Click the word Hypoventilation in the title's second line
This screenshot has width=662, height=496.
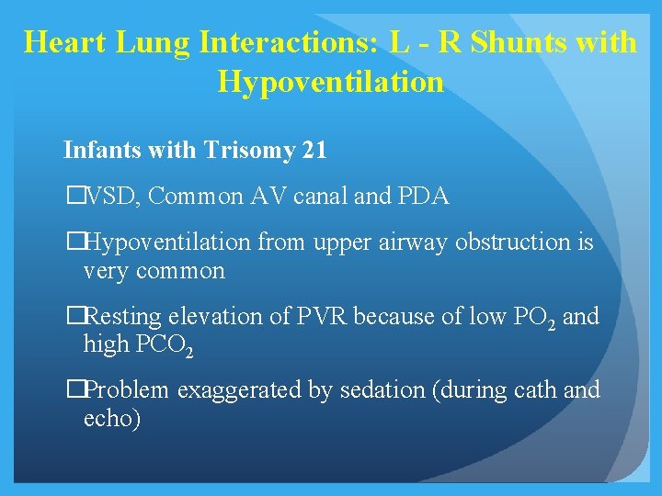pos(330,83)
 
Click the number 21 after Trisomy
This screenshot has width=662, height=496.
pos(314,150)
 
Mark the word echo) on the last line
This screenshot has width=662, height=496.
pos(111,420)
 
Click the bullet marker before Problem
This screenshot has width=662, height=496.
pos(75,390)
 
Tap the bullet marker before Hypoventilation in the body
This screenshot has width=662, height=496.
pos(75,242)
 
